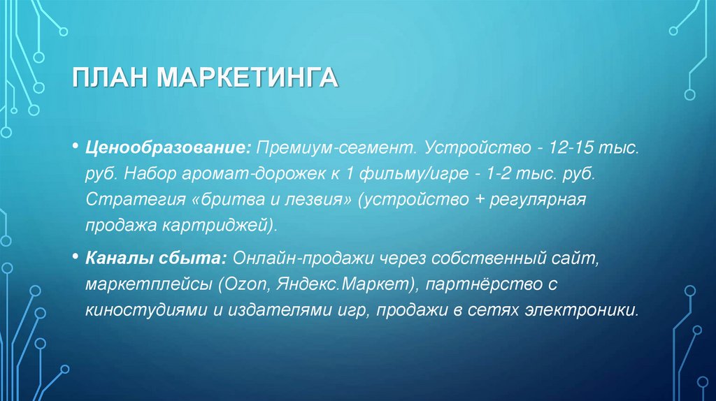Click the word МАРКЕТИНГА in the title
tap(248, 78)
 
